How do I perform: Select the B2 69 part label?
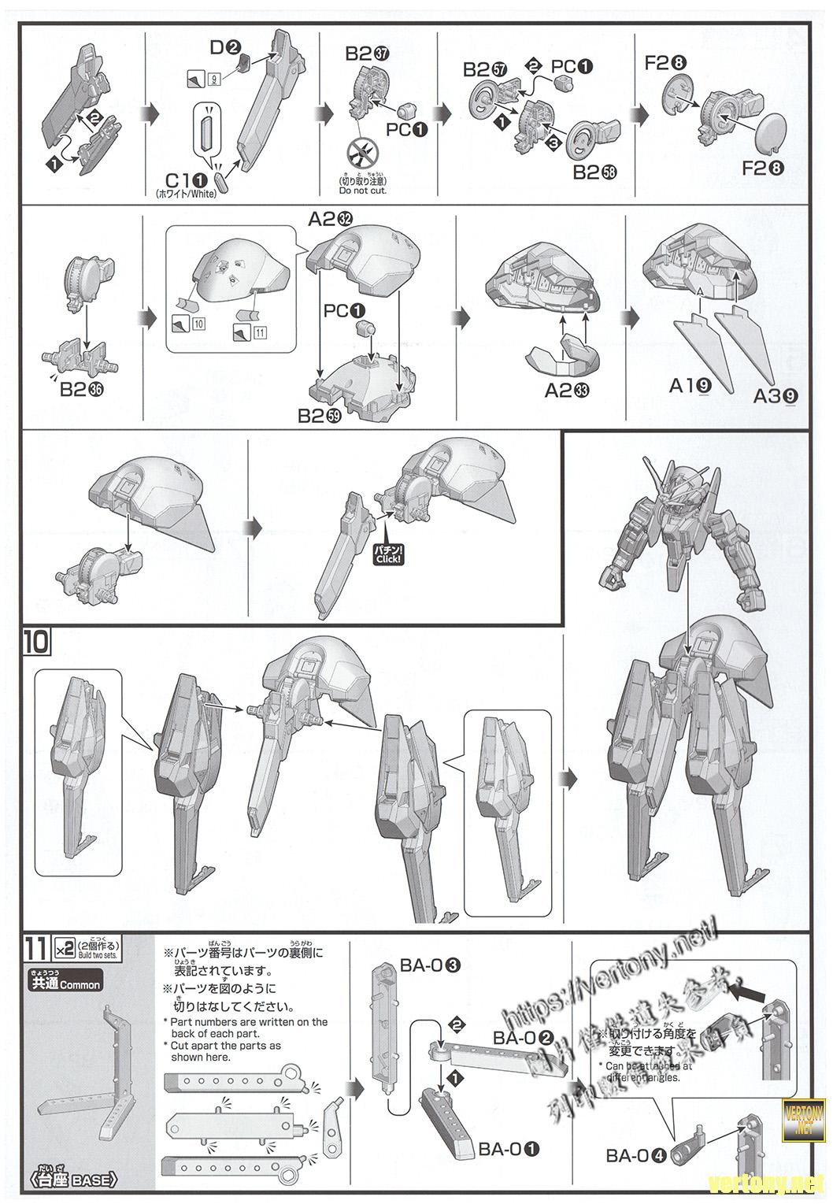click(320, 416)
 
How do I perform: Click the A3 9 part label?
click(773, 397)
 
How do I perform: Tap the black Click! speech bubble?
click(388, 554)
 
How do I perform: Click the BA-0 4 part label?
click(637, 1156)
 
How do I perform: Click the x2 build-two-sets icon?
click(63, 946)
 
